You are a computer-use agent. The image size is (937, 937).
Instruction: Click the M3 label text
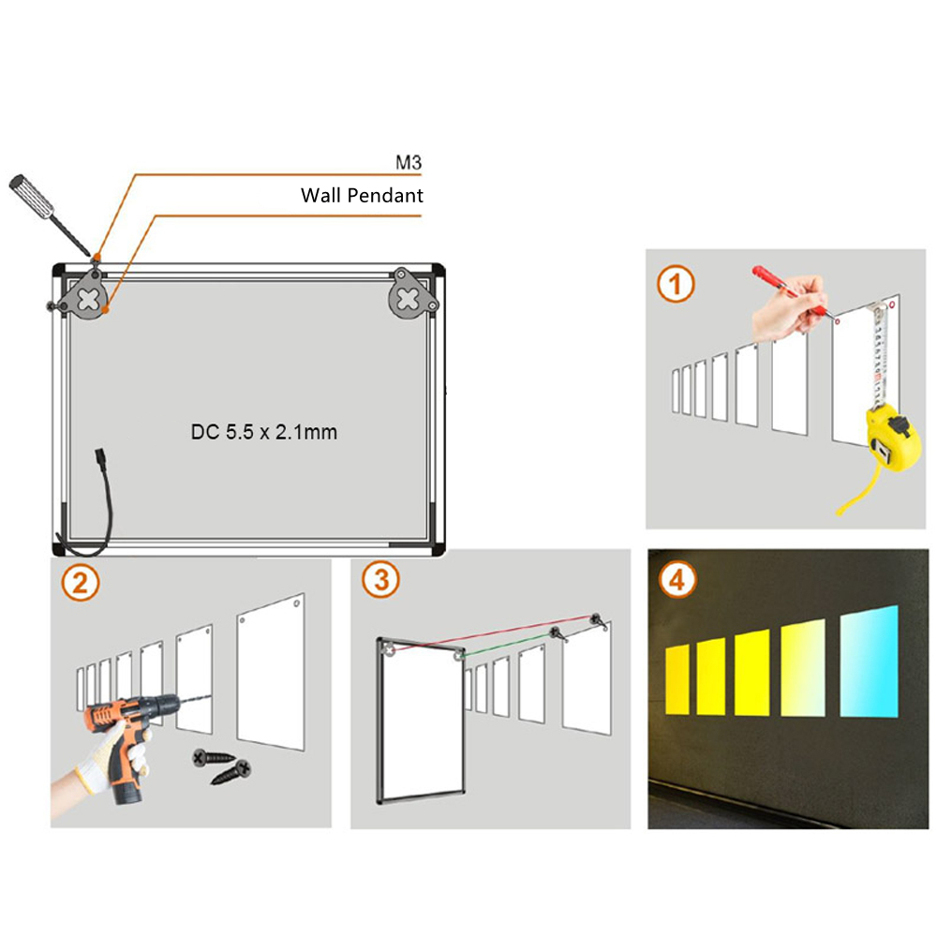coord(409,163)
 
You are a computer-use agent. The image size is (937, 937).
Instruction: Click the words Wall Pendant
coord(362,196)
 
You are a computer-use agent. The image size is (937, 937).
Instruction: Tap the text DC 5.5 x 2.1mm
coord(263,432)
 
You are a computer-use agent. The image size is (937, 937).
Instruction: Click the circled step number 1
coord(675,283)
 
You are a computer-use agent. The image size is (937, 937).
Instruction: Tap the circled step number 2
coord(79,583)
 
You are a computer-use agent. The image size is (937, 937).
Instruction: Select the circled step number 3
coord(379,580)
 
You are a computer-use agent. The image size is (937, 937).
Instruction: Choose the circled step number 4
coord(677,581)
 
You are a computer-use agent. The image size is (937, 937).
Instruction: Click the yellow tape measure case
coord(891,440)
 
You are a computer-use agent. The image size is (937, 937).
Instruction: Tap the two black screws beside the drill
coord(223,766)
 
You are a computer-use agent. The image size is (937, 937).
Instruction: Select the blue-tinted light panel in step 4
coord(870,661)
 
